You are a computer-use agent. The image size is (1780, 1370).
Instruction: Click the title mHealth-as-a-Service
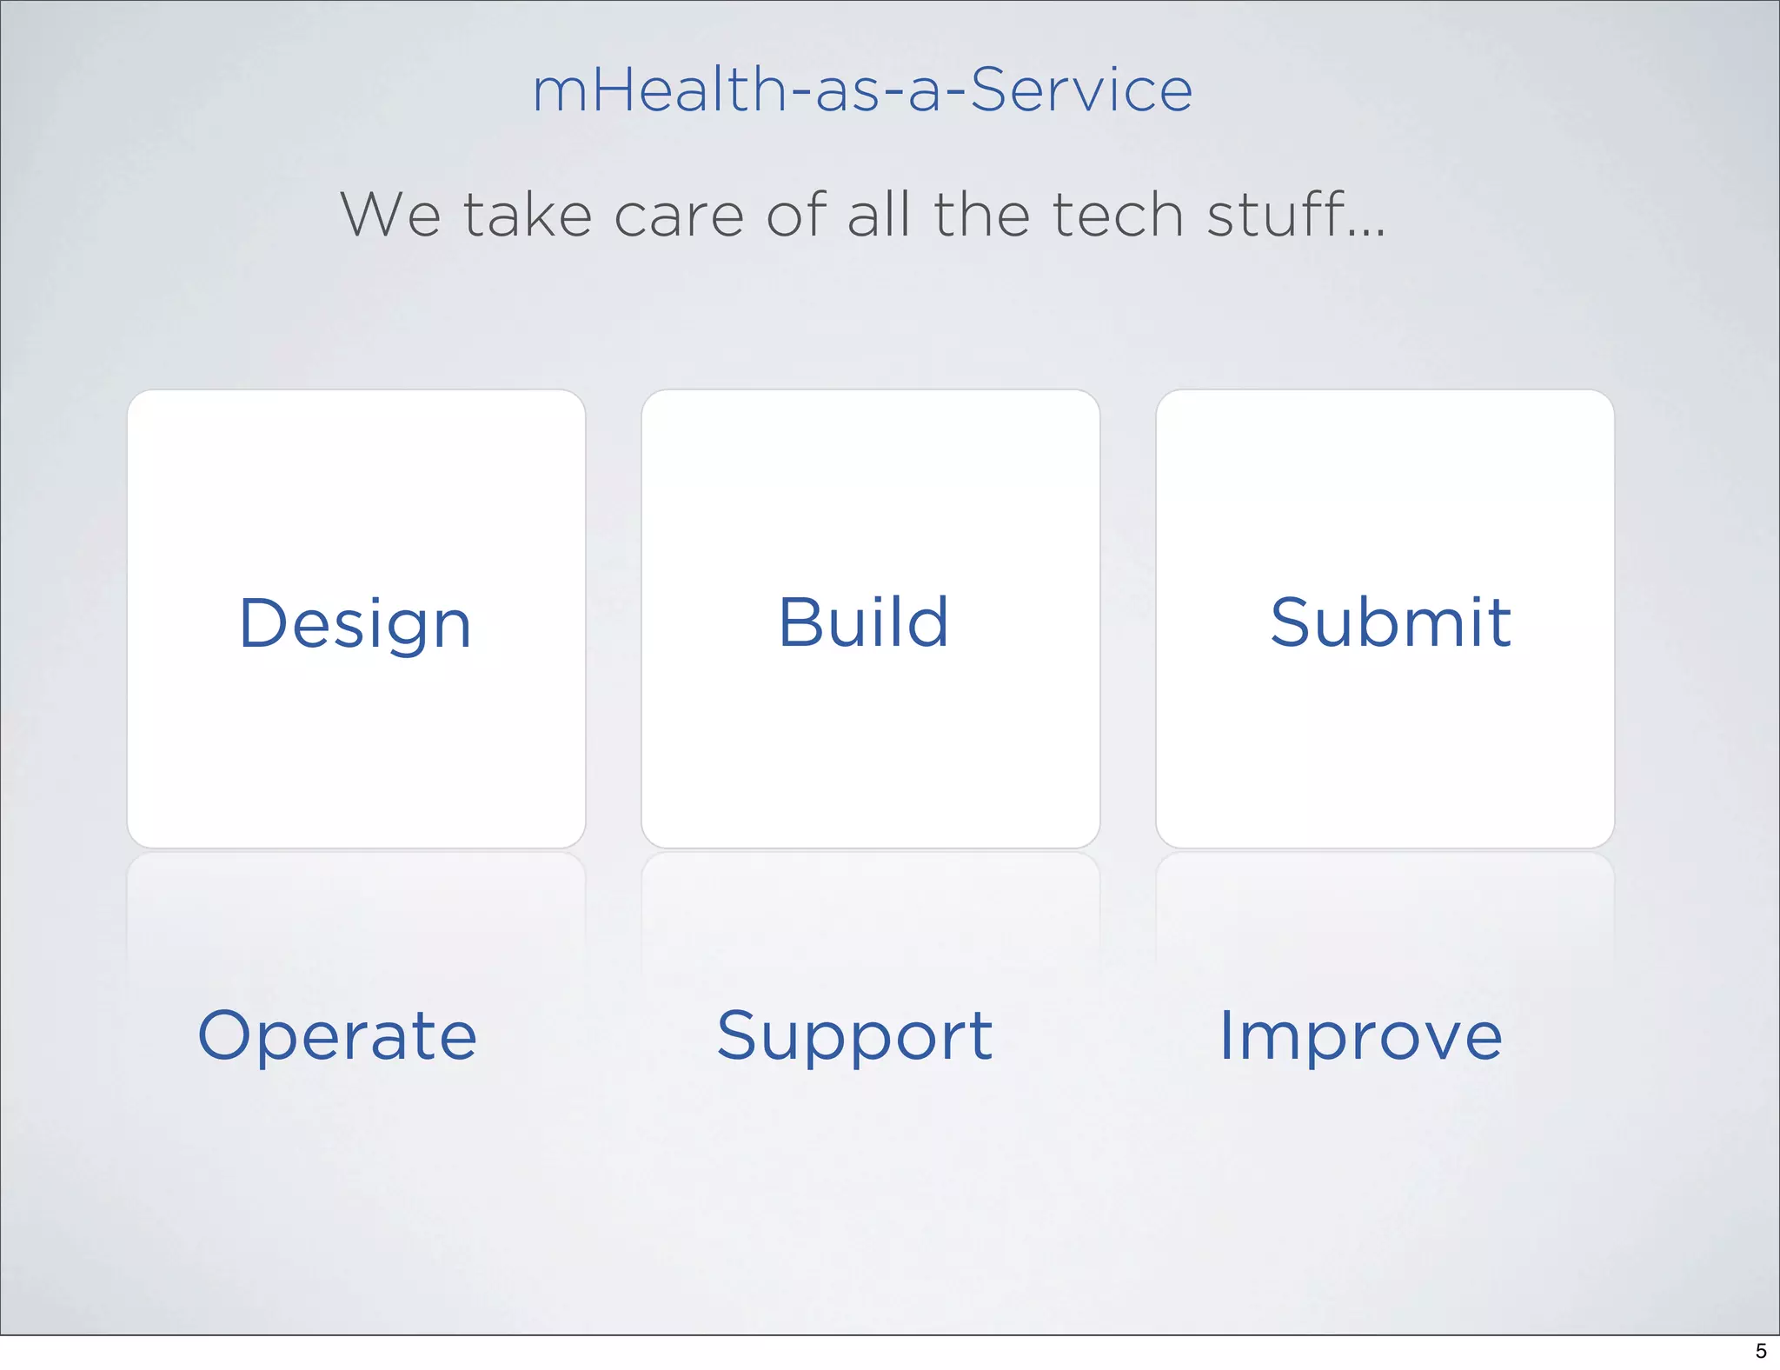pos(862,90)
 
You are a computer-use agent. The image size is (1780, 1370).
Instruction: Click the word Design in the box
pos(355,624)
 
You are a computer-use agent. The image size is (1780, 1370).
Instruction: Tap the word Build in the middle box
pos(863,622)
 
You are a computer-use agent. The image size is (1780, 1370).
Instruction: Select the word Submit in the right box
pos(1391,622)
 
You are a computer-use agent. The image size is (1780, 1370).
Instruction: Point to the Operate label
pos(337,1036)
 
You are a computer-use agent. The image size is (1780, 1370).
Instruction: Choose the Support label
pos(854,1036)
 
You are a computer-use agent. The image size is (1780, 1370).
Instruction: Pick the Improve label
pos(1360,1036)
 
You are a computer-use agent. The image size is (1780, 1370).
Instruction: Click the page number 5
pos(1761,1351)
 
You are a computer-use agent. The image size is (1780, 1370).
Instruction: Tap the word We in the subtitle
pos(390,215)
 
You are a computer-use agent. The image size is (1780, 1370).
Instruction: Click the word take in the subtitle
pos(528,215)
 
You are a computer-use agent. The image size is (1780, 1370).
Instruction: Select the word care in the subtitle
pos(679,216)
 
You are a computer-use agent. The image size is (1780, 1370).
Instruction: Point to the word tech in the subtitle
pos(1118,215)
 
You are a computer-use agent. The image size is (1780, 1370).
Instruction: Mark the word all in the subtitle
pos(879,215)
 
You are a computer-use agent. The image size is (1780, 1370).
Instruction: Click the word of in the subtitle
pos(796,215)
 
